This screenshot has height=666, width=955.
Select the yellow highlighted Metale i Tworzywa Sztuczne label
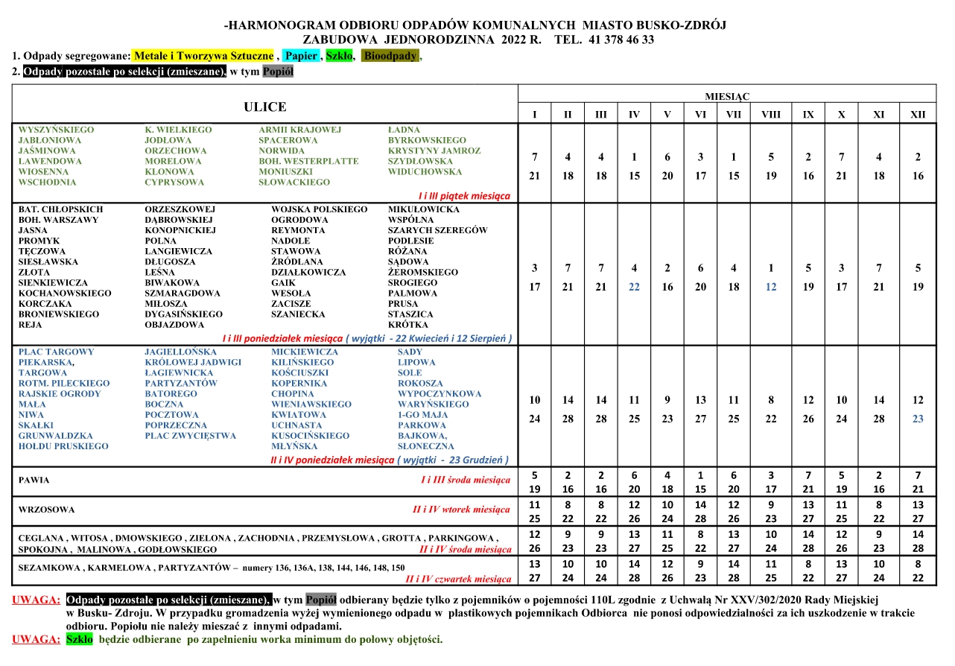pos(203,56)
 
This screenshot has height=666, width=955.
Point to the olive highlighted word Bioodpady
pos(390,56)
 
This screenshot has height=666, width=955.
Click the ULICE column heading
pos(264,107)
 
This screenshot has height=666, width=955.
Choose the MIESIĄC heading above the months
pos(727,97)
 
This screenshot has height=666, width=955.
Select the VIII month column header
pos(771,115)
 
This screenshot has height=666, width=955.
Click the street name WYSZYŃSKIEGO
pos(56,130)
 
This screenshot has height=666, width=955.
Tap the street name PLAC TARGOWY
pos(57,352)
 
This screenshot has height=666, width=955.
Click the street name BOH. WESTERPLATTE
pos(308,161)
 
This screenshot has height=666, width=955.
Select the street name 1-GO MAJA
pos(422,415)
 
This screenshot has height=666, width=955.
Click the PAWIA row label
pos(34,481)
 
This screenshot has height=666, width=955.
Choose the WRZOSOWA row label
pos(47,510)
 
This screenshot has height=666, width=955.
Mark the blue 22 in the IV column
pos(634,287)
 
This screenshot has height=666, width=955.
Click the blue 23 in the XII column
pos(918,419)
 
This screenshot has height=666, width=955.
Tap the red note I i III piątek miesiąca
pos(464,195)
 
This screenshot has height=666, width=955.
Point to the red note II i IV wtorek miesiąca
pos(461,510)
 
